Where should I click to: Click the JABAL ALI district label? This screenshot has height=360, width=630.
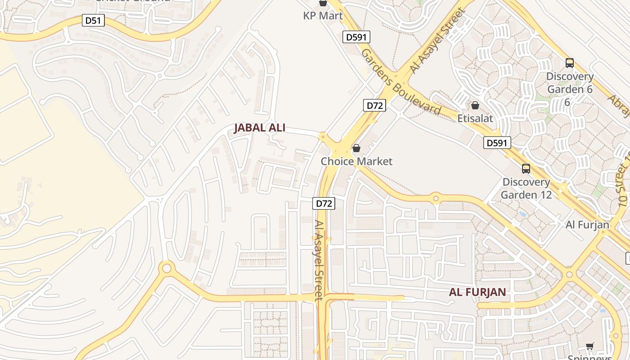click(260, 128)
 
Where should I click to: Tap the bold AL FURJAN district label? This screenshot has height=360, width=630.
click(477, 292)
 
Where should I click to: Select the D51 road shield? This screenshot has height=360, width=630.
click(94, 20)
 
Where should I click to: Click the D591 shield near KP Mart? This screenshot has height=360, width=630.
click(356, 37)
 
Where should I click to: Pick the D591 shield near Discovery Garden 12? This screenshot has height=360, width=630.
click(498, 143)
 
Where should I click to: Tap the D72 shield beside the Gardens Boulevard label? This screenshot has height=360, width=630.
click(374, 105)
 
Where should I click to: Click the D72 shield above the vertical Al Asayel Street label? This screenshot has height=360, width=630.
click(324, 203)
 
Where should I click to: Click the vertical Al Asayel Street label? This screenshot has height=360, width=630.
click(319, 260)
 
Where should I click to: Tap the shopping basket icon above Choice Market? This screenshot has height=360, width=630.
click(356, 148)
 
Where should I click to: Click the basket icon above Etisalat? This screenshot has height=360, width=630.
click(475, 106)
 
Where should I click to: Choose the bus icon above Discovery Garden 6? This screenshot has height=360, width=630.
click(570, 63)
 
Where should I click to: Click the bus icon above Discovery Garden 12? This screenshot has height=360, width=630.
click(526, 169)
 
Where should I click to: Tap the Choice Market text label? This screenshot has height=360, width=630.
click(356, 161)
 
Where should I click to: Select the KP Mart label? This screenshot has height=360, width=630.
click(323, 16)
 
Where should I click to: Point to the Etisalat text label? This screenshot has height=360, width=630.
click(475, 119)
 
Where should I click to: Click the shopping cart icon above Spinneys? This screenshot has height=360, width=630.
click(589, 346)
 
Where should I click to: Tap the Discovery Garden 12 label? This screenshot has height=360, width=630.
click(526, 189)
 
